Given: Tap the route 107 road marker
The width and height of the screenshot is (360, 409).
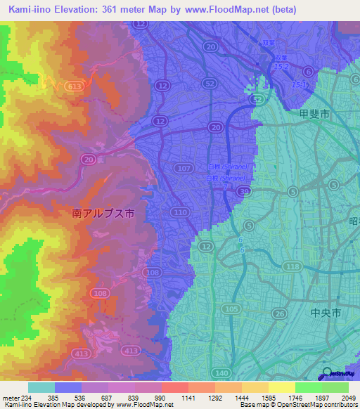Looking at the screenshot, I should [x=185, y=168].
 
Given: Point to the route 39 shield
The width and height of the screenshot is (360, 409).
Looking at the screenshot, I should [x=244, y=190].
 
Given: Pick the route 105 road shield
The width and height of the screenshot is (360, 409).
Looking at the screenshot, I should [x=230, y=309].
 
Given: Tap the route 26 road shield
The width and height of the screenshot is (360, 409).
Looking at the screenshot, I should [x=279, y=313].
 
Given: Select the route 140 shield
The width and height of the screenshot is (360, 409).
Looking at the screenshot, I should [x=221, y=372].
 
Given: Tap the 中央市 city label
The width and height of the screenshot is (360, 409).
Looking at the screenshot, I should [x=326, y=313].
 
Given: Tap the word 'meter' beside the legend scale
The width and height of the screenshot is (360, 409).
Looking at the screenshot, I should [x=10, y=398].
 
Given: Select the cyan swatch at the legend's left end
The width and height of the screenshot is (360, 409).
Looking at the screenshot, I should [x=41, y=387].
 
